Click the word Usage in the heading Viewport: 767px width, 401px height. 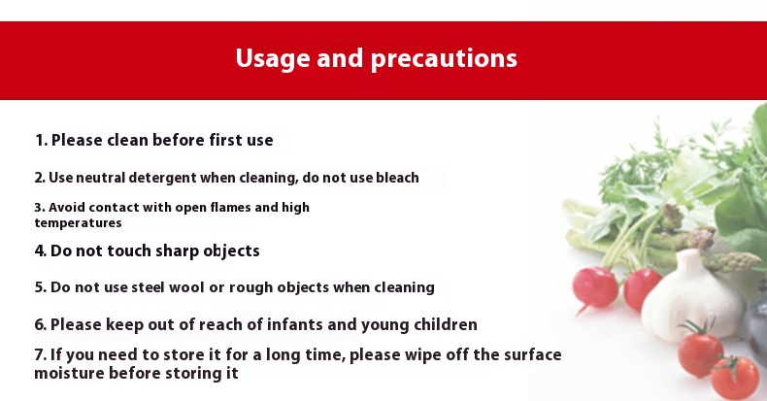tap(273, 58)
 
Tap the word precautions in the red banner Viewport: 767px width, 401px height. tap(444, 59)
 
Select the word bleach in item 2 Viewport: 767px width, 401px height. tap(397, 178)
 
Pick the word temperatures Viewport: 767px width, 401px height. tap(78, 223)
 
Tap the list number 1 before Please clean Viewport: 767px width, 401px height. tap(40, 141)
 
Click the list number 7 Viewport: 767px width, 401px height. tap(39, 355)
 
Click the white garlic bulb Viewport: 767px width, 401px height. tap(692, 295)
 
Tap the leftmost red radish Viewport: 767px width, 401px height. tap(595, 287)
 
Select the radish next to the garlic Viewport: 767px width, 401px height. tap(642, 287)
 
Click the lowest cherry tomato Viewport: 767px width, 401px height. tap(734, 378)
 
